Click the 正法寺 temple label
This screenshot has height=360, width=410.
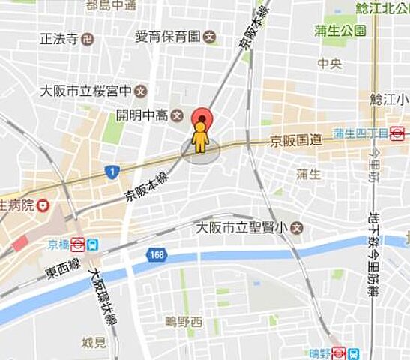[x=61, y=37]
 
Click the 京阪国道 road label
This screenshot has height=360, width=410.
[x=296, y=140]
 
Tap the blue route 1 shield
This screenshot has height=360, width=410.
[x=112, y=172]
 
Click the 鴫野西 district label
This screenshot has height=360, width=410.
[x=184, y=321]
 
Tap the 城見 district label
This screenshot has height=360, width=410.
[x=94, y=343]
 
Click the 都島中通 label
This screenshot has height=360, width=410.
[x=111, y=6]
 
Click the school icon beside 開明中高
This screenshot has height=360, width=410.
[x=177, y=115]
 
